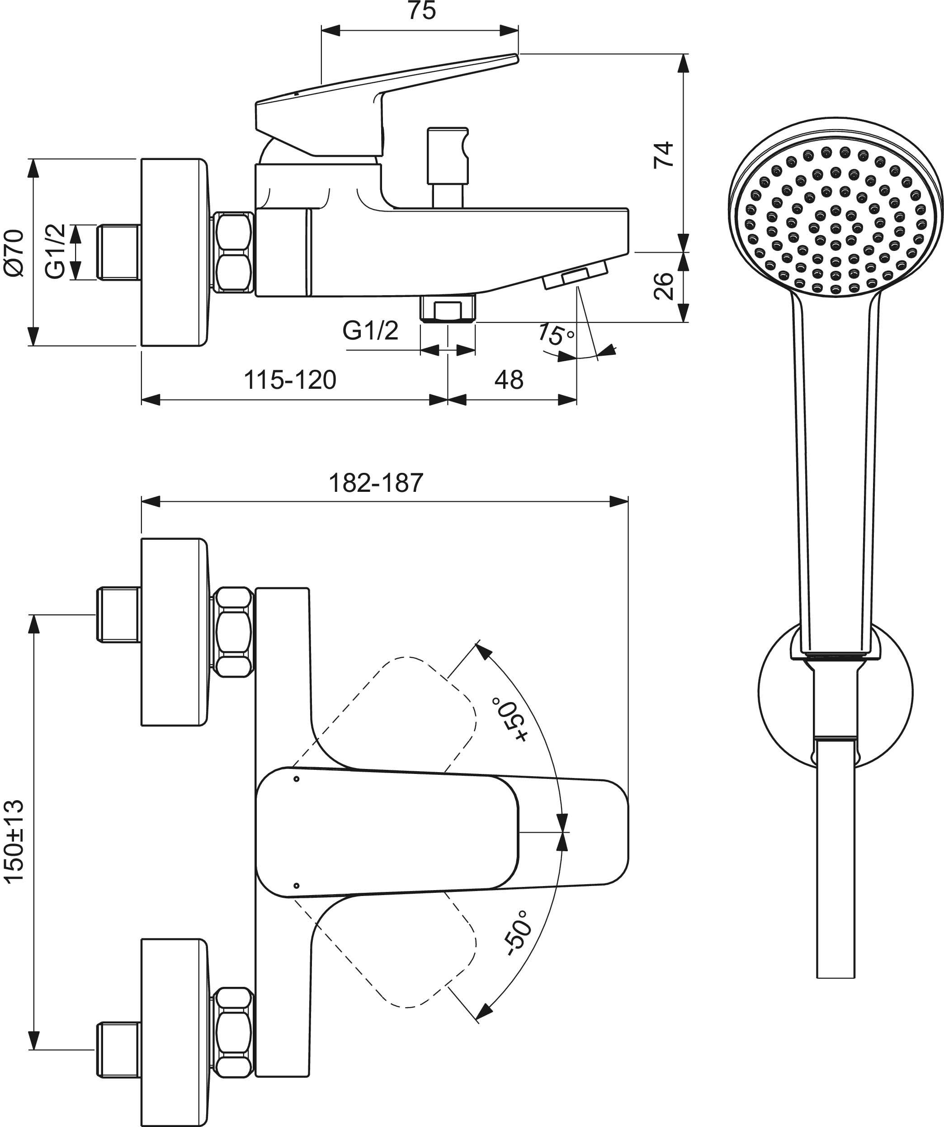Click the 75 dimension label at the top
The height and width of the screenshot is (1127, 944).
(x=422, y=11)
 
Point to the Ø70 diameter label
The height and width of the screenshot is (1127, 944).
(x=14, y=252)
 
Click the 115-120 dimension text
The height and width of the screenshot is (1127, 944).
(x=290, y=380)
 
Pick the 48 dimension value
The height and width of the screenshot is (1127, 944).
(x=509, y=380)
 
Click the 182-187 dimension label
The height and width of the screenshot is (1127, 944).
(x=376, y=482)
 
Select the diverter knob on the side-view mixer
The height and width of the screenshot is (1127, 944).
(x=447, y=156)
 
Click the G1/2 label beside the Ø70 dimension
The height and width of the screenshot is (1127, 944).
(x=55, y=251)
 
